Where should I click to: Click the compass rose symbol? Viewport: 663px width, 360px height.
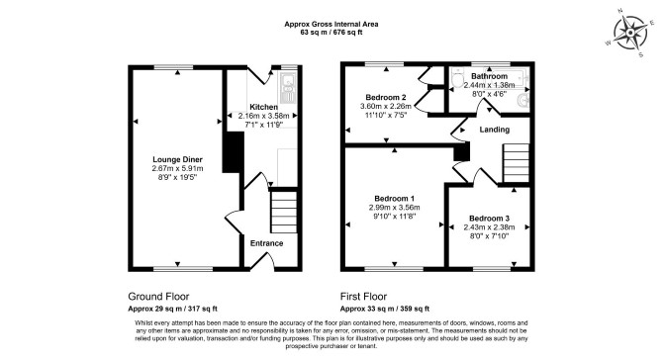630,32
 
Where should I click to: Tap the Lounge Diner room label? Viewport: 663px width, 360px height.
177,159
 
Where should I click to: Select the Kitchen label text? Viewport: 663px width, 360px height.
264,107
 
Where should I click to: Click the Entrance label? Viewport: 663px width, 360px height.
266,243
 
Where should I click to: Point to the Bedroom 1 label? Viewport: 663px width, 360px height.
394,198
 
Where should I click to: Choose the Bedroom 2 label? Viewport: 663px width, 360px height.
386,97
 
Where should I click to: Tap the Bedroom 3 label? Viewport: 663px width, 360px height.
489,218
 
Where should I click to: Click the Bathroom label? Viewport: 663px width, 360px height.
489,76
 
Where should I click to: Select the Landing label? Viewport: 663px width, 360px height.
495,130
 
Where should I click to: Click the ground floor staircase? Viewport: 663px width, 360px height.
284,212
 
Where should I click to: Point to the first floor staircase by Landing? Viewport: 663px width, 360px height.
516,162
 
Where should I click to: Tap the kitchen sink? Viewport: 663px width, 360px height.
288,88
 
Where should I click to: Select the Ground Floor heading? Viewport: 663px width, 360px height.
158,296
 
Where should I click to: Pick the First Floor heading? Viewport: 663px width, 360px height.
363,296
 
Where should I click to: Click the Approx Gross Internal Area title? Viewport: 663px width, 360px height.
331,24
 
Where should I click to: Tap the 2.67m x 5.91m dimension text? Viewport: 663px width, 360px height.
177,168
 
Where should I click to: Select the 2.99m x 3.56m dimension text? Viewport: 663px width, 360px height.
394,207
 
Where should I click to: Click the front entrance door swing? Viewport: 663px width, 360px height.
264,261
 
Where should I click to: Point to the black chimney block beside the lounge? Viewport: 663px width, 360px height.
234,152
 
